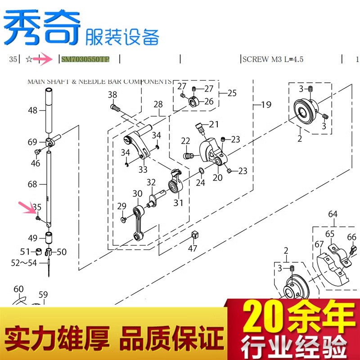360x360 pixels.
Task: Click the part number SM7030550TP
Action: pyautogui.click(x=85, y=59)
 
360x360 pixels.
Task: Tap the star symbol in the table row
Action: pyautogui.click(x=29, y=59)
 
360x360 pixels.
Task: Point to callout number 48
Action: pyautogui.click(x=32, y=110)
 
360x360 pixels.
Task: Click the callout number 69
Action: pyautogui.click(x=32, y=142)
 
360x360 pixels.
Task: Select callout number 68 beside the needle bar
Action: pyautogui.click(x=32, y=184)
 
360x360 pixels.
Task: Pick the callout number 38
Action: pyautogui.click(x=112, y=94)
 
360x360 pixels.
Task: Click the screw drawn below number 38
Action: pyautogui.click(x=116, y=108)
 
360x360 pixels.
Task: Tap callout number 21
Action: pyautogui.click(x=213, y=124)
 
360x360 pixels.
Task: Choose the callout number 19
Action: pyautogui.click(x=266, y=105)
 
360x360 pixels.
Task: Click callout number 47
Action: pyautogui.click(x=193, y=248)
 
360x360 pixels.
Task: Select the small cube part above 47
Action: pyautogui.click(x=194, y=234)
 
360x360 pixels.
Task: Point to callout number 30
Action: pyautogui.click(x=137, y=193)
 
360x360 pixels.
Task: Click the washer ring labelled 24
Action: pyautogui.click(x=199, y=171)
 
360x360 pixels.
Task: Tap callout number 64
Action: pyautogui.click(x=333, y=214)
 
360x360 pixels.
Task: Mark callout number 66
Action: pyautogui.click(x=351, y=237)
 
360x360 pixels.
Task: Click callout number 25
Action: pyautogui.click(x=231, y=94)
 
